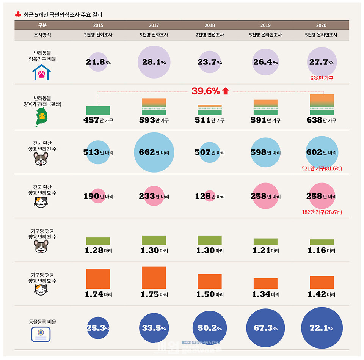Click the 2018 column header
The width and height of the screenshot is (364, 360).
coord(209,25)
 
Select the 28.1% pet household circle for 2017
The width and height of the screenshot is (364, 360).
coord(154,62)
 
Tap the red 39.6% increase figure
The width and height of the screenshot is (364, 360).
coord(206,91)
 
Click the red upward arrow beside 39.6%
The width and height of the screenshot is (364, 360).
coord(226,91)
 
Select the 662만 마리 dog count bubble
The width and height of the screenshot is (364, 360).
coord(154,152)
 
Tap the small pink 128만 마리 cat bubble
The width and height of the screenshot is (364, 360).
coord(210,196)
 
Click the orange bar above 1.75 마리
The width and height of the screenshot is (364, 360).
coord(154,278)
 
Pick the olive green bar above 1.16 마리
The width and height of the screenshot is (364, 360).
coord(322,242)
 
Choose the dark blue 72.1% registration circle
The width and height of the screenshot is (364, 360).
coord(322,328)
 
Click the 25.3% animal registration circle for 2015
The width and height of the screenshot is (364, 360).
coord(98,328)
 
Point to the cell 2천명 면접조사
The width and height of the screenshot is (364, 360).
coord(209,35)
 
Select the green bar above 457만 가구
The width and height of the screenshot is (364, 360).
coord(98,110)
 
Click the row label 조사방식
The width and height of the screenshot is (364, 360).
coord(42,35)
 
